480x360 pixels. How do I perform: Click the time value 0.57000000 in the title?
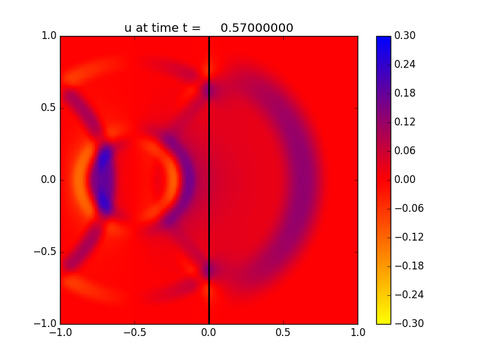[257, 28]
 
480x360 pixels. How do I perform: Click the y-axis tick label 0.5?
[49, 108]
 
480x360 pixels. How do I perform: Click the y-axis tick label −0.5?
[45, 252]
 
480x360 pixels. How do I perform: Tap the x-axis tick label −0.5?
[134, 333]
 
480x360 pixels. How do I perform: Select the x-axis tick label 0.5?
[283, 333]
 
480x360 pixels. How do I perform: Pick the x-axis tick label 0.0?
[209, 333]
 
